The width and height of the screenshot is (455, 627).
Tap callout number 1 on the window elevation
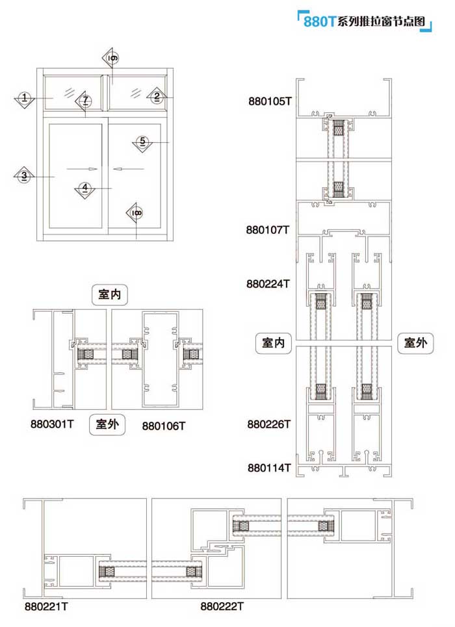[24, 98]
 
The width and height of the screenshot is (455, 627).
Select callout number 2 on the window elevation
[157, 97]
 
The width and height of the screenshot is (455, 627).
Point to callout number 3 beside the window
[24, 175]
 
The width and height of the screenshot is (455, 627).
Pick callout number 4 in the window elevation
[84, 188]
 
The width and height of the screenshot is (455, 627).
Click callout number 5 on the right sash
[143, 142]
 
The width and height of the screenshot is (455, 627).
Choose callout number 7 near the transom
[85, 101]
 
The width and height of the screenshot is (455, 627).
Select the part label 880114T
[268, 467]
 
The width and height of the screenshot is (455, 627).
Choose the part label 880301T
[53, 424]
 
